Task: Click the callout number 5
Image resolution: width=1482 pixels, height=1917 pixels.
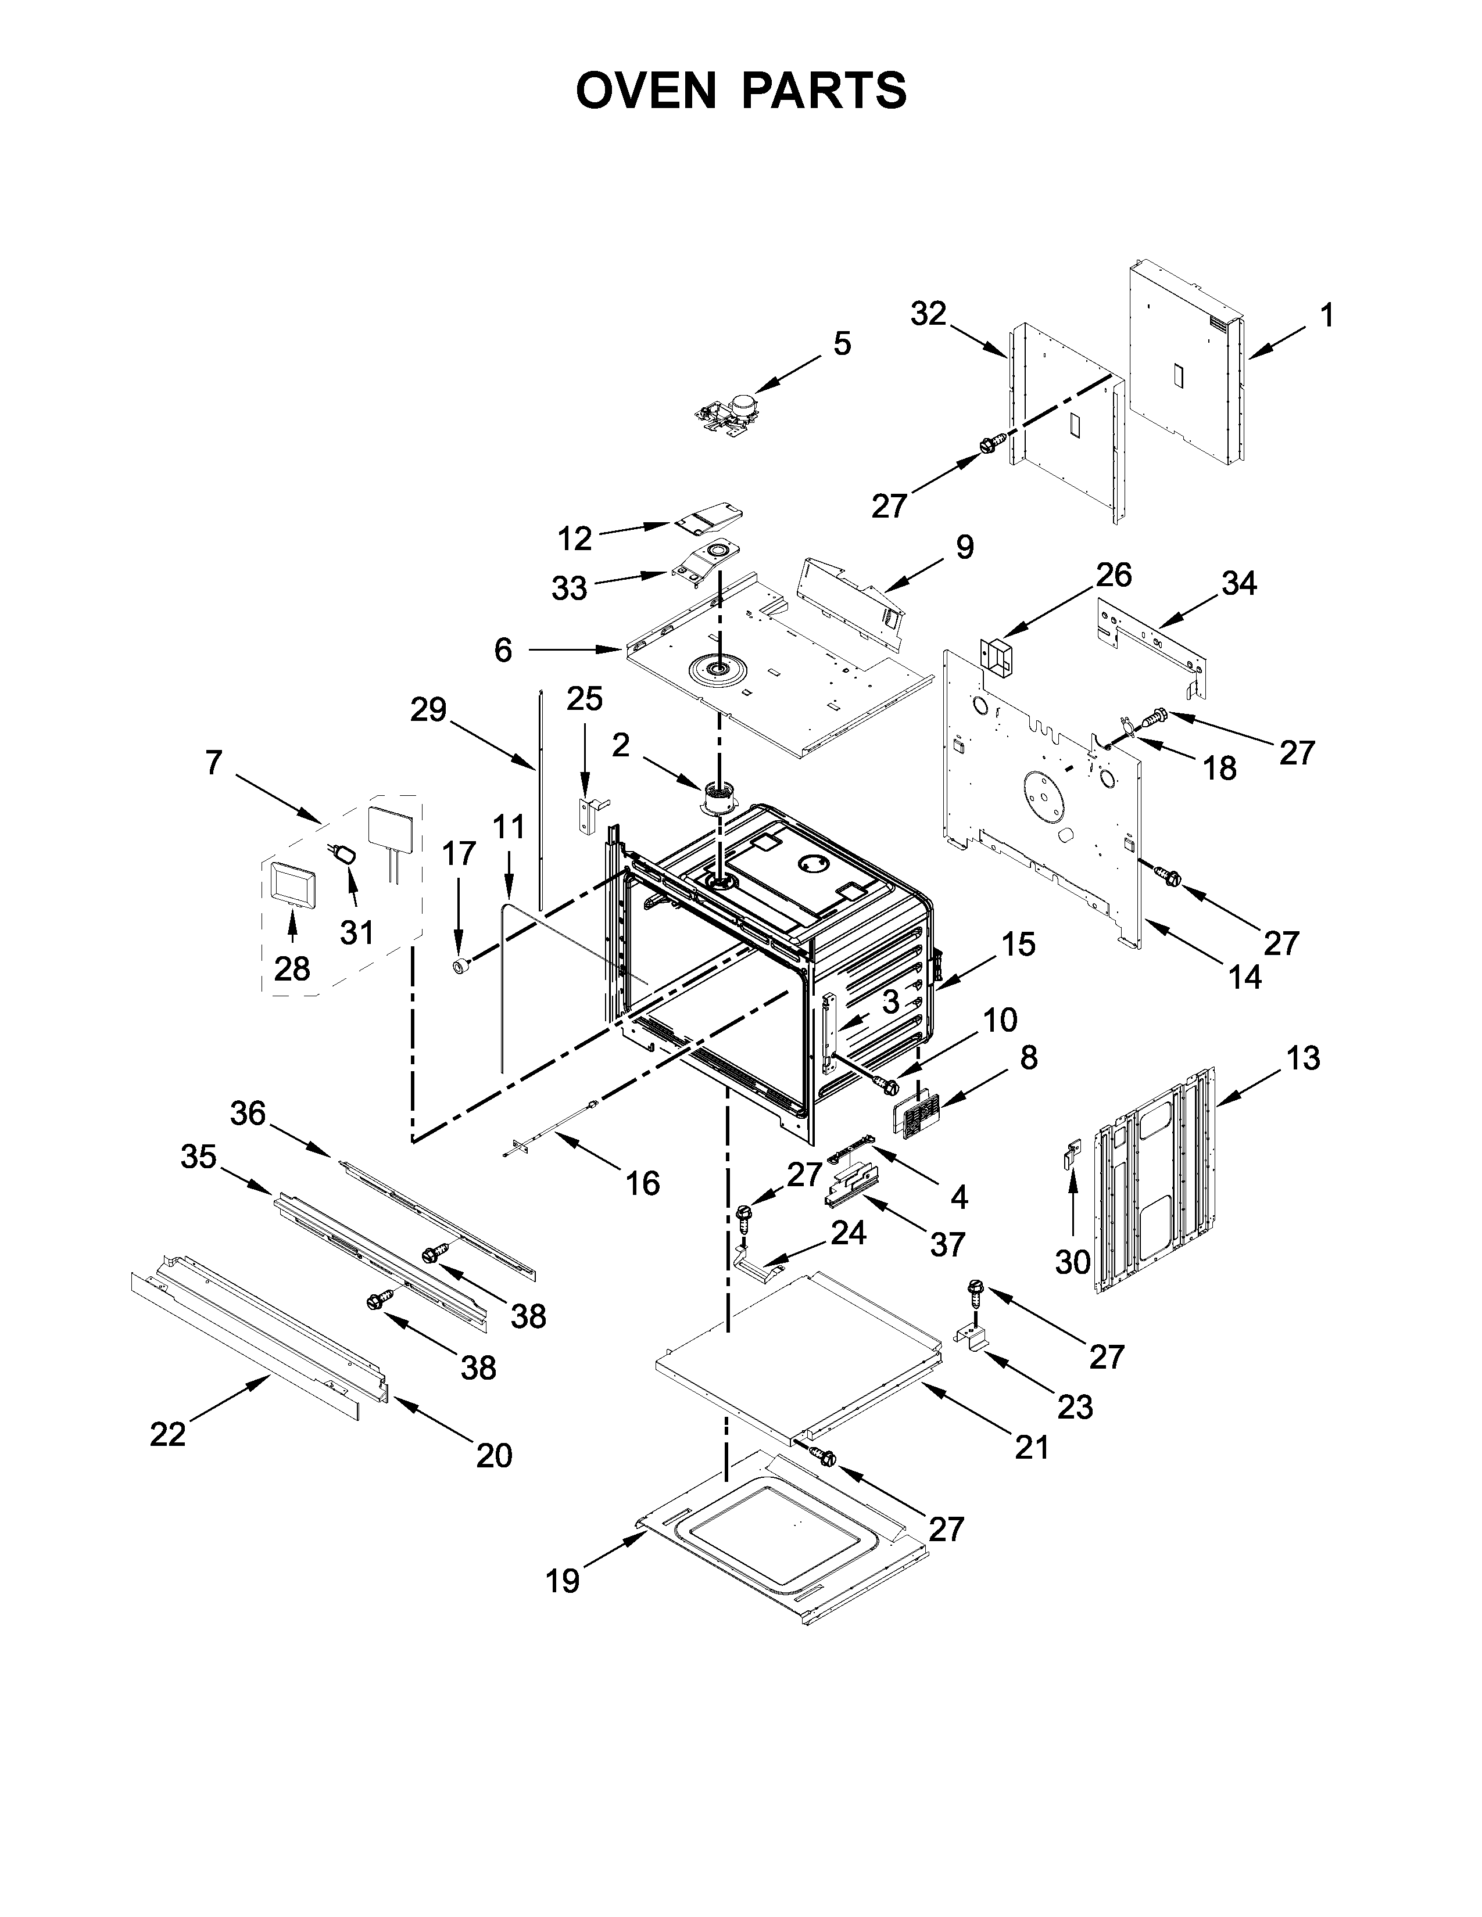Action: pos(841,343)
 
